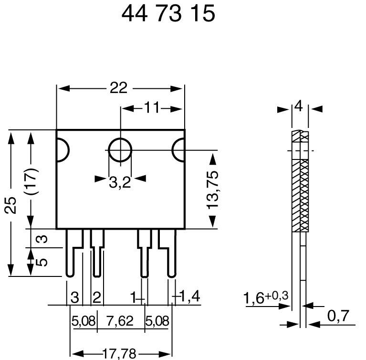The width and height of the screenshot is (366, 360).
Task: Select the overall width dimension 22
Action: click(119, 88)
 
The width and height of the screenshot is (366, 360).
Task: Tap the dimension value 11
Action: click(151, 108)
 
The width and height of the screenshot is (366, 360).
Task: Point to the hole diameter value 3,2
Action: click(119, 182)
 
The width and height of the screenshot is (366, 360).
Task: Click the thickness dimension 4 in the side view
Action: click(299, 106)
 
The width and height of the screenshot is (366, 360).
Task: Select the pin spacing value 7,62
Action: click(121, 321)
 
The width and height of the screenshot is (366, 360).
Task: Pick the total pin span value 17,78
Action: click(119, 353)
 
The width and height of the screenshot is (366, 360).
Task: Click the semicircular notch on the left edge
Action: click(62, 150)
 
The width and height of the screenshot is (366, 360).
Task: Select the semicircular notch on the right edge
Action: click(179, 150)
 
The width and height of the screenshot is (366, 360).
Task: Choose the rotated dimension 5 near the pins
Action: click(42, 262)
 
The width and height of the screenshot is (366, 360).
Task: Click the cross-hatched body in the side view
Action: click(299, 191)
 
